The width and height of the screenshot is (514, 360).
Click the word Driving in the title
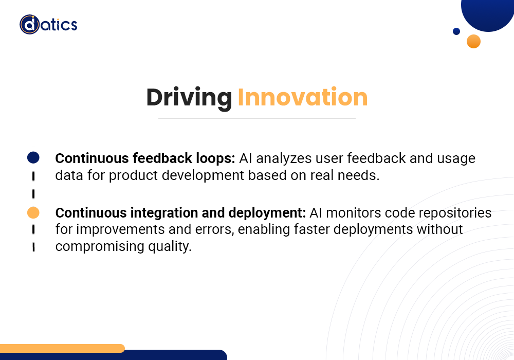[189, 98]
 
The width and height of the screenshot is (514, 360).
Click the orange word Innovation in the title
[302, 98]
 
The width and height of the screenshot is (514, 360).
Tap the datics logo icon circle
[29, 24]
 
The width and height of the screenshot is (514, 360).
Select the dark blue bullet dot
[33, 157]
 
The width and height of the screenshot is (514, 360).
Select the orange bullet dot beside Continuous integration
[33, 212]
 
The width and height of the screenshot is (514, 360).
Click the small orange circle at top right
[473, 41]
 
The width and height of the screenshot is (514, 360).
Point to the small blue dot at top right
[456, 31]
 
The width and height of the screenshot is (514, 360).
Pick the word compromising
[96, 246]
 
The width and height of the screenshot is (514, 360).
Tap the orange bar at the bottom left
[62, 348]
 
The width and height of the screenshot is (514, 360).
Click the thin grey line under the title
[256, 118]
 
